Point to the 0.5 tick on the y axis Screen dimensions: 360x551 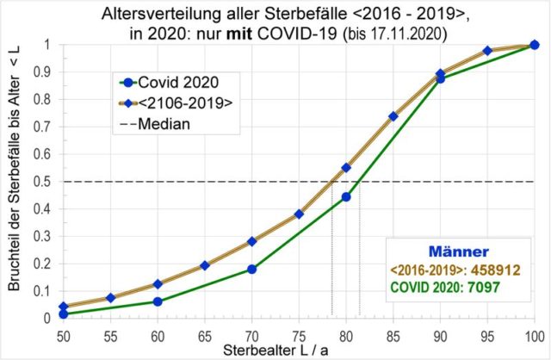click(x=46, y=181)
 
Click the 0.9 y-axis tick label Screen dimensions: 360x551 click(x=46, y=72)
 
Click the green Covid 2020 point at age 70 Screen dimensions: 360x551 click(x=252, y=269)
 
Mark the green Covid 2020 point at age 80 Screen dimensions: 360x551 click(x=346, y=197)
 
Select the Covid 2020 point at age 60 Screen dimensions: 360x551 click(x=158, y=301)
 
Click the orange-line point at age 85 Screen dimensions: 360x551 click(x=393, y=116)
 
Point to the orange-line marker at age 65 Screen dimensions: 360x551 click(x=205, y=265)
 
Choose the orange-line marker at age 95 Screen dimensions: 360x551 click(x=487, y=51)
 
